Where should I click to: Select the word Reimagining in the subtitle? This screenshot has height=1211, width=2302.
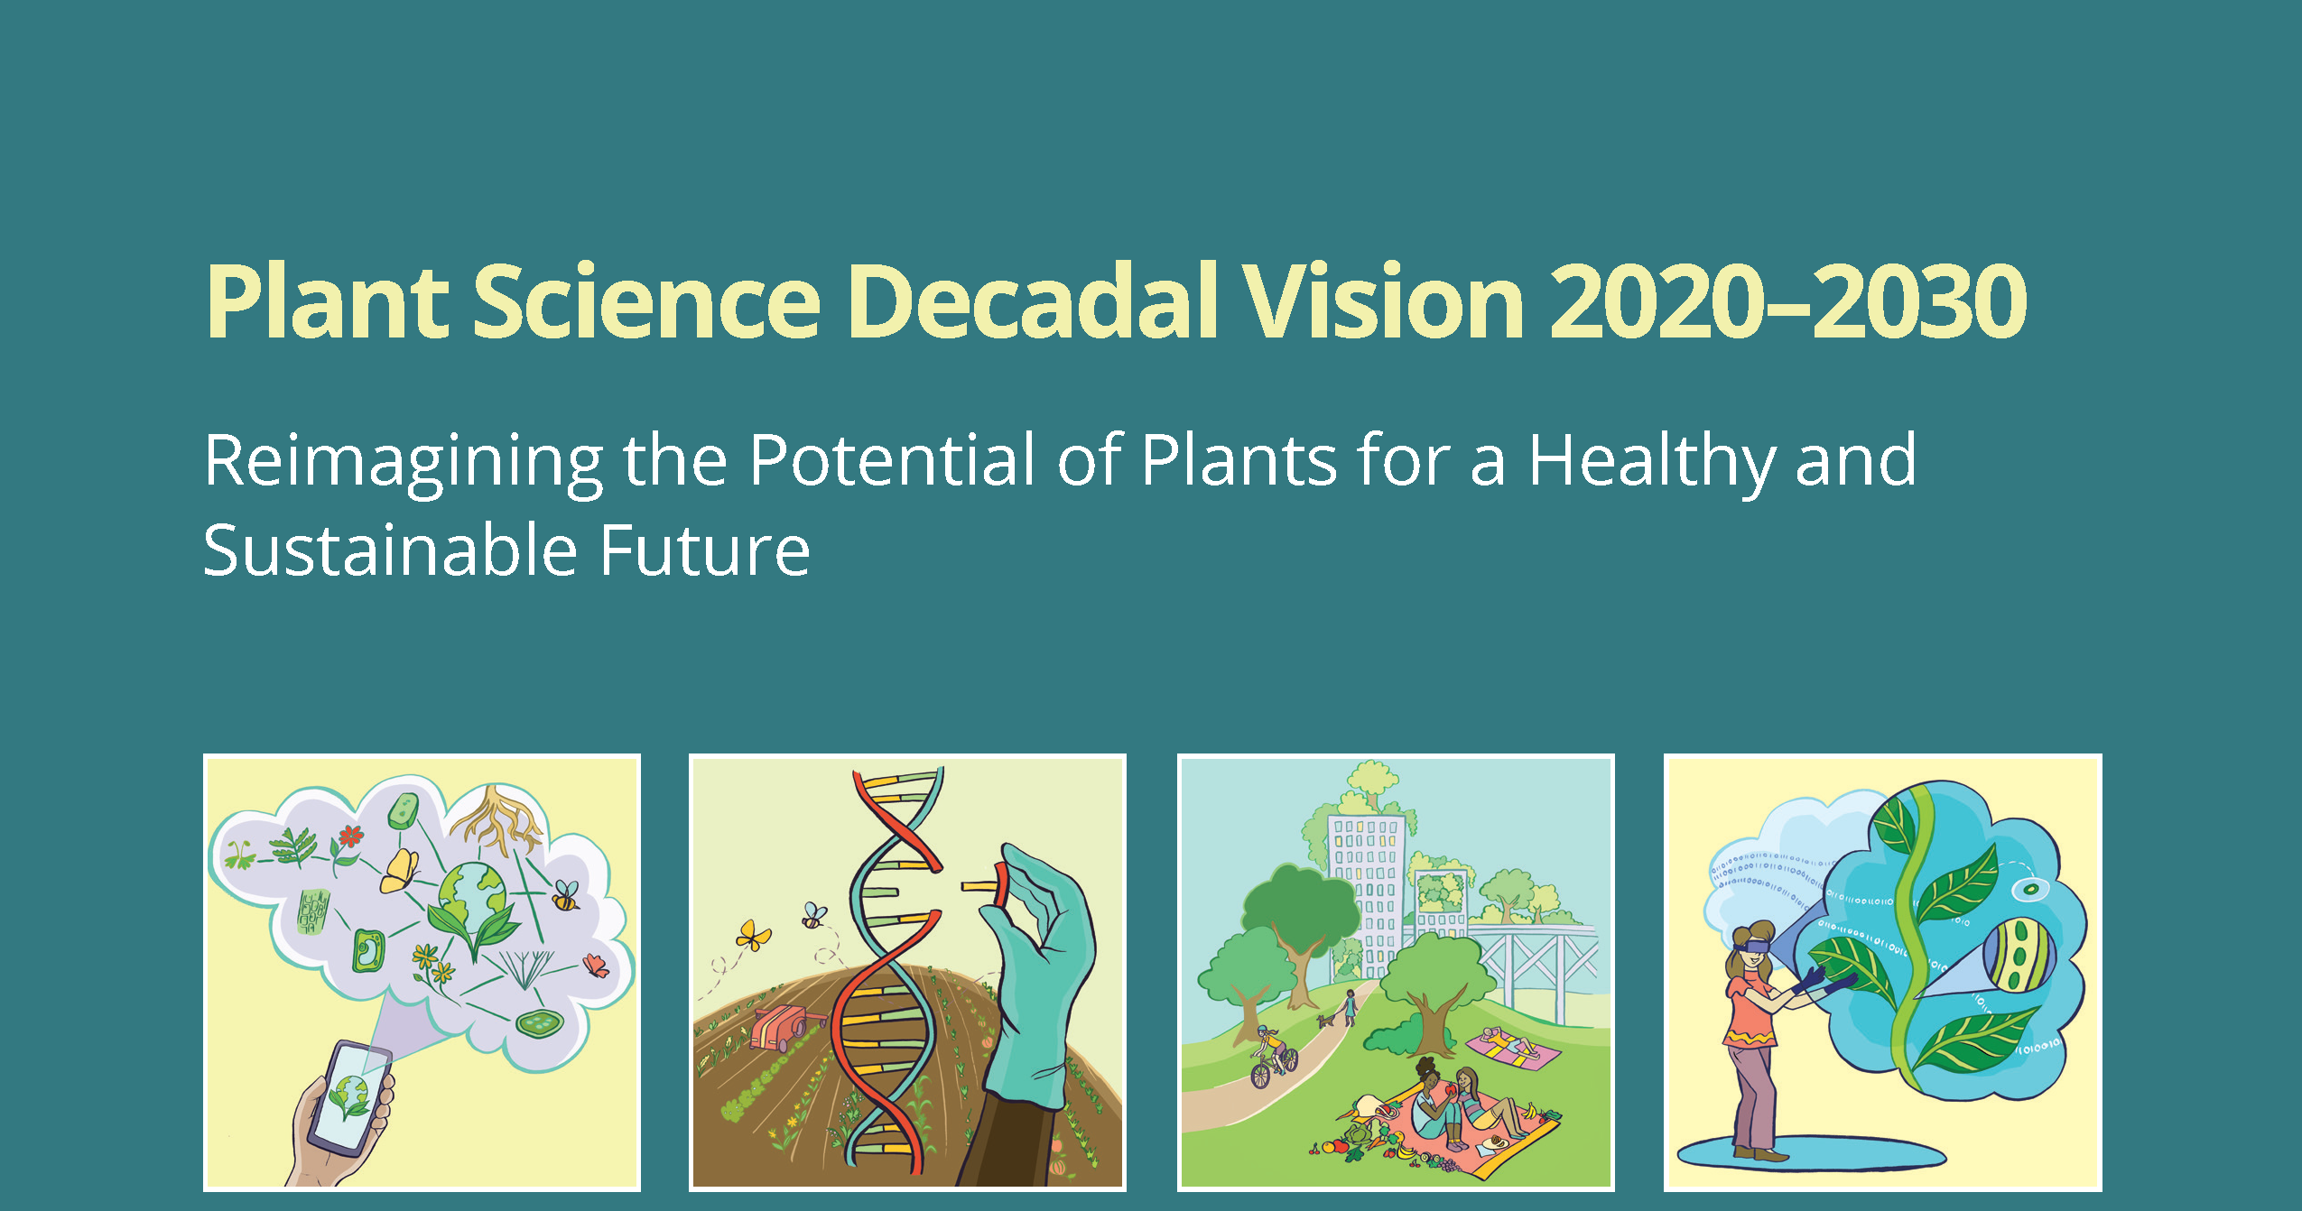point(403,460)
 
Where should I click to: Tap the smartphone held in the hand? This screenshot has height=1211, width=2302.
point(348,1097)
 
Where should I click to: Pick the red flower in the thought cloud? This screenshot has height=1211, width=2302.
point(351,837)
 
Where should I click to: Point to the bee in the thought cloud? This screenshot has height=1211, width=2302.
point(566,895)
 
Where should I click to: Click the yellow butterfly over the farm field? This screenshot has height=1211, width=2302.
point(753,935)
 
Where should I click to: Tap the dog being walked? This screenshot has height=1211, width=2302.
point(1326,1021)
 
